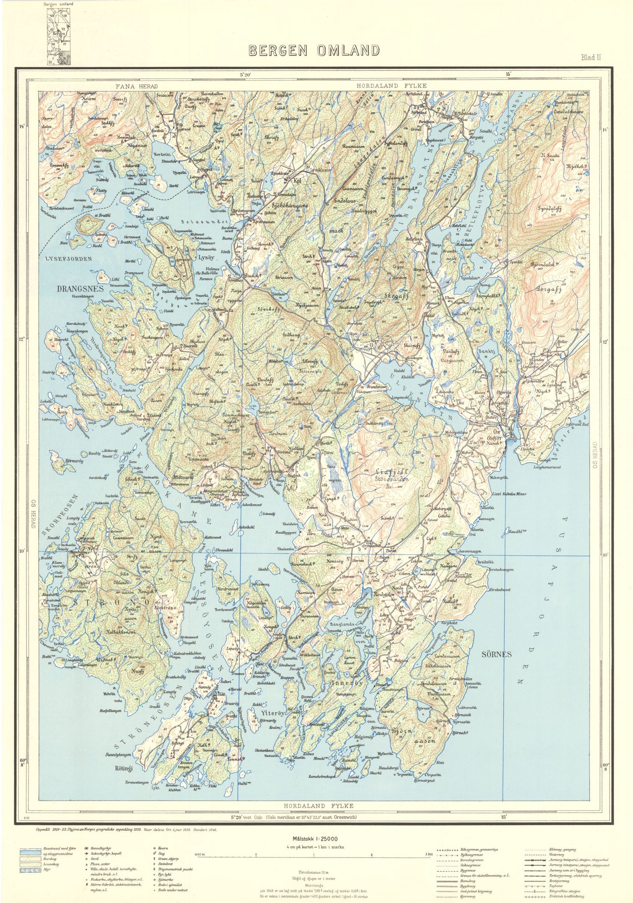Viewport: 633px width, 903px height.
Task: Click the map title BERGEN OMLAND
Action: click(314, 51)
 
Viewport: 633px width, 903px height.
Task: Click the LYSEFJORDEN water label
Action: click(69, 259)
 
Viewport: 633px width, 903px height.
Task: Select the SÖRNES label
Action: click(496, 654)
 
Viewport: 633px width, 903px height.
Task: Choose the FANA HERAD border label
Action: click(136, 86)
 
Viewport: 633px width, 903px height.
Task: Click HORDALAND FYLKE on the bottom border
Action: click(318, 805)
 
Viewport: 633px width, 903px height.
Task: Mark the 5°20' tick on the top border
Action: click(245, 75)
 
